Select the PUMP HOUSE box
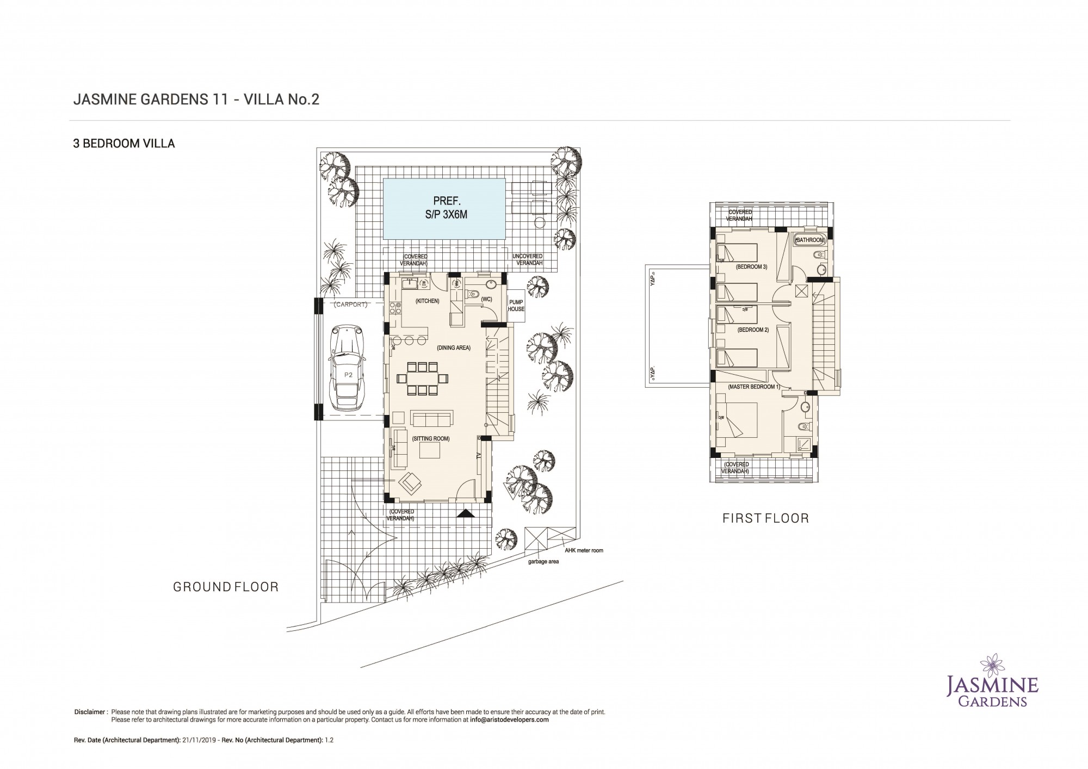pyautogui.click(x=516, y=306)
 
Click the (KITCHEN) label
pyautogui.click(x=427, y=301)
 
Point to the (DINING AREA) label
pyautogui.click(x=453, y=348)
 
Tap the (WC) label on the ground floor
pyautogui.click(x=486, y=299)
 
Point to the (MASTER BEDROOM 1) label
pyautogui.click(x=754, y=387)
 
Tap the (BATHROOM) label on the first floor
pyautogui.click(x=811, y=240)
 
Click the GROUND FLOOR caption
pyautogui.click(x=226, y=587)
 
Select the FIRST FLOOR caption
pyautogui.click(x=765, y=518)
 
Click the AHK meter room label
pyautogui.click(x=584, y=550)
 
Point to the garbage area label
pyautogui.click(x=543, y=561)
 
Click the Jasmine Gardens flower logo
pyautogui.click(x=995, y=665)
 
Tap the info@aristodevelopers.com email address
pyautogui.click(x=509, y=720)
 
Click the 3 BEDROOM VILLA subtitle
pyautogui.click(x=124, y=144)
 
